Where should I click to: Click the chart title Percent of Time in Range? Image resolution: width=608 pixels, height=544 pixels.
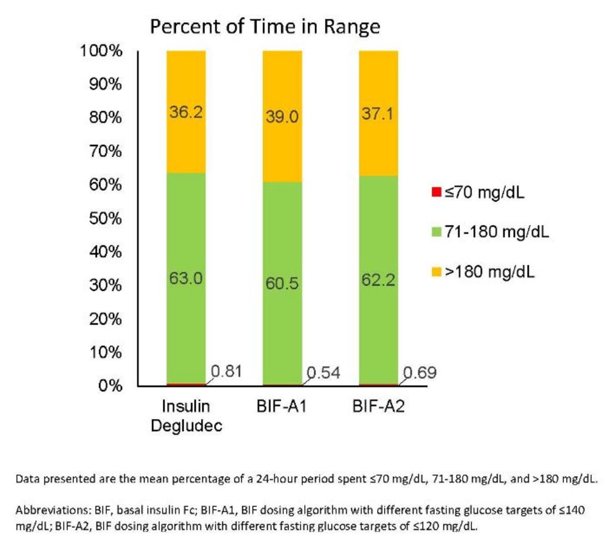(265, 27)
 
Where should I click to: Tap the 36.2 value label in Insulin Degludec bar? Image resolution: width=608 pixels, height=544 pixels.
(186, 112)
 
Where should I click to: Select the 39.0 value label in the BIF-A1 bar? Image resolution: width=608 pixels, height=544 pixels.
(282, 117)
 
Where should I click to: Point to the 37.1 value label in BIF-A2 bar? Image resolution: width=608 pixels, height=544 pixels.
(378, 114)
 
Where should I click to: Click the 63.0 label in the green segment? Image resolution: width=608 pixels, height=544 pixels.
(186, 278)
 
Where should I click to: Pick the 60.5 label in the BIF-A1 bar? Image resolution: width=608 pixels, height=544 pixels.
(282, 284)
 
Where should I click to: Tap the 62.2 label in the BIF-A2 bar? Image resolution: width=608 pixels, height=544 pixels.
(378, 280)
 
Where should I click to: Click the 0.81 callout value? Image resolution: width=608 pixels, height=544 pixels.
(227, 371)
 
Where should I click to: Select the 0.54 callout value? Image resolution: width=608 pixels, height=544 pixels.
(323, 373)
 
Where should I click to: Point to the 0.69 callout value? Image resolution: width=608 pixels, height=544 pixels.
(420, 373)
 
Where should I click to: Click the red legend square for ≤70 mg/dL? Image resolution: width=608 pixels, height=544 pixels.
(437, 193)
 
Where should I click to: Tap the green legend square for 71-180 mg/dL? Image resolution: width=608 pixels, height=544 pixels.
(437, 232)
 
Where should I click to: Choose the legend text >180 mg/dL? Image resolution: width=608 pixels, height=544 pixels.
(489, 272)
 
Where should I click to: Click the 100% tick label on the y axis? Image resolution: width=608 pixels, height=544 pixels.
(101, 51)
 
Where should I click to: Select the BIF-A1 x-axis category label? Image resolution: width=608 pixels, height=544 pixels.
(282, 406)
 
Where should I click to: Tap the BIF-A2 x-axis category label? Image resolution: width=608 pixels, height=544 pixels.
(378, 406)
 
